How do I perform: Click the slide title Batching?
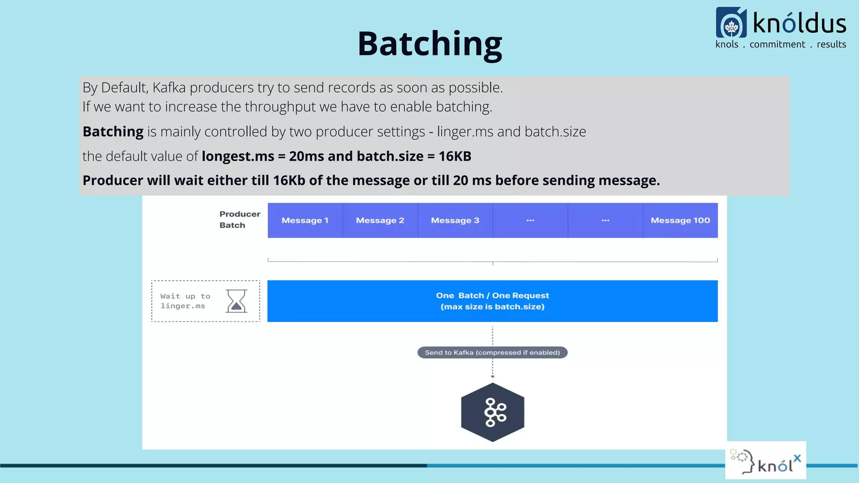point(429,44)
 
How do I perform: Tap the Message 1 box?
point(305,221)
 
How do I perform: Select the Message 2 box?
point(380,221)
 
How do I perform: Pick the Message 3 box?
point(455,221)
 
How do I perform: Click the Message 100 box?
point(680,221)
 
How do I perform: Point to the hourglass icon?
point(237,301)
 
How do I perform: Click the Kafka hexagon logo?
point(492,412)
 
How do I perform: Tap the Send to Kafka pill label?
point(492,353)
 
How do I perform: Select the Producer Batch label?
point(239,220)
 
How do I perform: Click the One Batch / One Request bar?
point(492,301)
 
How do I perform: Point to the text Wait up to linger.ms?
point(185,301)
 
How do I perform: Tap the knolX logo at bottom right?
point(766,460)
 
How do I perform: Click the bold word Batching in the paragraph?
point(113,132)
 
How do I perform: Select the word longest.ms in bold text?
point(238,156)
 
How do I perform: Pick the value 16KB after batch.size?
point(455,156)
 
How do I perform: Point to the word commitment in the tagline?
point(777,44)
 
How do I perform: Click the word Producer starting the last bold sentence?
point(113,181)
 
